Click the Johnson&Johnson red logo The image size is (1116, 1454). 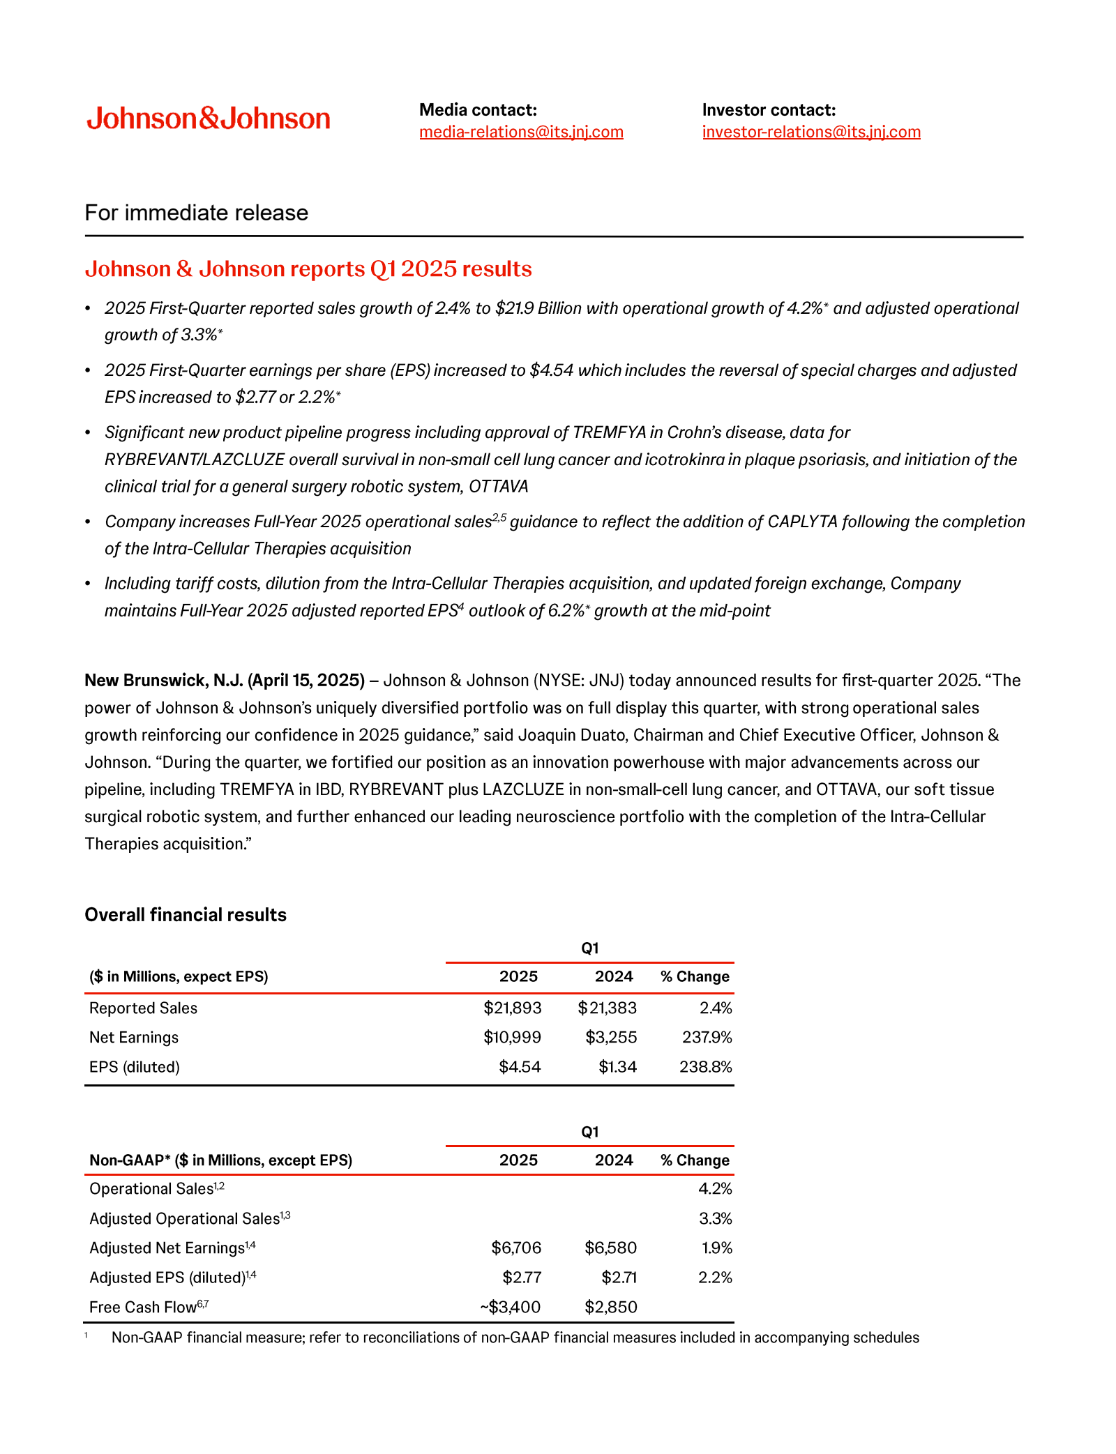click(x=208, y=119)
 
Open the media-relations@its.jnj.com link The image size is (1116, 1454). click(x=521, y=132)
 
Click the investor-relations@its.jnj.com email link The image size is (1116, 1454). click(x=811, y=132)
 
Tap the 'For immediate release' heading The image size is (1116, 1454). click(x=196, y=213)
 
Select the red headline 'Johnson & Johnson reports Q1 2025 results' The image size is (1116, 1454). click(x=308, y=268)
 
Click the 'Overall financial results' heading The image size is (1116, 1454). click(x=185, y=915)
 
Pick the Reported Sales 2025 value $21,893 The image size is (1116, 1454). click(x=513, y=1008)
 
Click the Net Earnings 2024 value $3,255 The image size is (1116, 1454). click(x=611, y=1037)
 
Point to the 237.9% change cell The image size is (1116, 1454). click(x=707, y=1037)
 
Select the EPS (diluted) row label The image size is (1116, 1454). click(x=134, y=1066)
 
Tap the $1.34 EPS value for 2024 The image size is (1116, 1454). click(x=617, y=1066)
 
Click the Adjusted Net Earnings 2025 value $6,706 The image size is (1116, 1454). click(x=516, y=1248)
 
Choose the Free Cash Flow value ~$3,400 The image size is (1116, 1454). click(x=510, y=1307)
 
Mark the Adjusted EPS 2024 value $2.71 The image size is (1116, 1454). click(x=619, y=1278)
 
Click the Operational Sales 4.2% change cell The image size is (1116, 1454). click(x=715, y=1188)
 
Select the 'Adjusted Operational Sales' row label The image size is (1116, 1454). click(x=184, y=1218)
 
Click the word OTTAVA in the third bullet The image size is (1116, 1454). click(x=498, y=486)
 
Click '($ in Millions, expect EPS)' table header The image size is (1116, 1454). click(x=179, y=976)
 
